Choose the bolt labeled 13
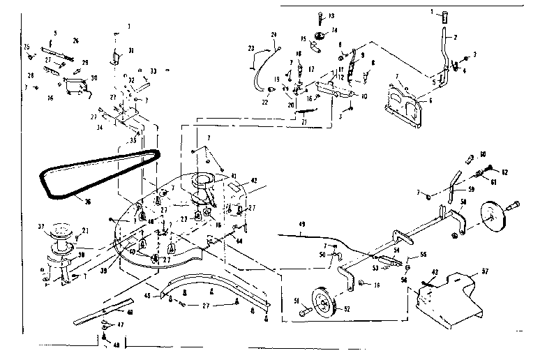pyautogui.click(x=319, y=17)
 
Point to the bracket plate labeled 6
pyautogui.click(x=405, y=105)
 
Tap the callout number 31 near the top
pyautogui.click(x=130, y=50)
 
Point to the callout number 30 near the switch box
pyautogui.click(x=94, y=77)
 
